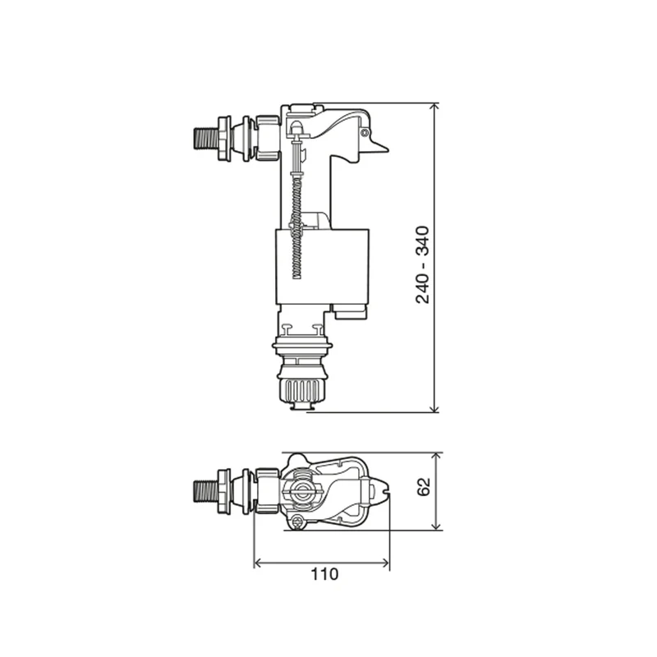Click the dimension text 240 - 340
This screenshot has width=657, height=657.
(x=423, y=264)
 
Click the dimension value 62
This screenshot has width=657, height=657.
(x=424, y=486)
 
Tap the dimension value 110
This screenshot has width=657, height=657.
(x=324, y=574)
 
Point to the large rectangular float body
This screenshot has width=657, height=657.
(x=322, y=266)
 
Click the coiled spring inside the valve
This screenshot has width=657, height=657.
(x=297, y=228)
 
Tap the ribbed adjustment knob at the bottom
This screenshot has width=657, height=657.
(x=301, y=389)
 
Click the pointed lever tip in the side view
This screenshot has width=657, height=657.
(x=384, y=148)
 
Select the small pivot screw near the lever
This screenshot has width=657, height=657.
(x=365, y=133)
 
